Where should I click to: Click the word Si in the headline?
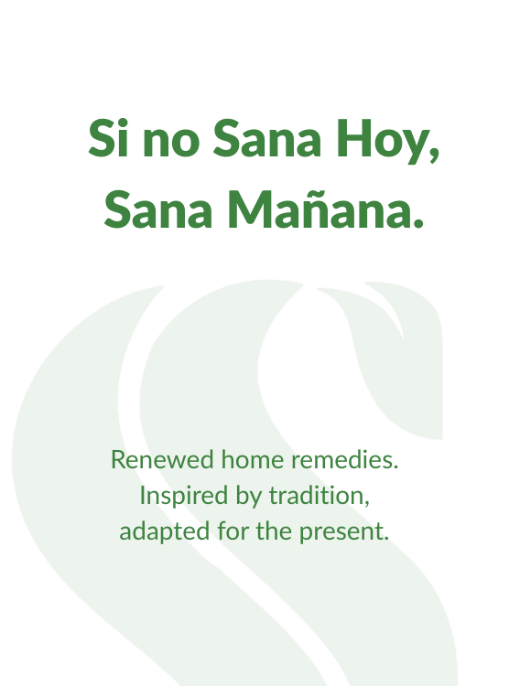109,138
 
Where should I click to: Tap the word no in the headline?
172,143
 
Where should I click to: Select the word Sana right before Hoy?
266,138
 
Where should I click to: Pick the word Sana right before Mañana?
158,209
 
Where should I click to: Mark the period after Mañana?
417,223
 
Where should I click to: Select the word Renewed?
162,460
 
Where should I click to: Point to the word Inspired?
183,497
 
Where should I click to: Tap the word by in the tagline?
248,497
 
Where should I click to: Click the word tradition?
316,496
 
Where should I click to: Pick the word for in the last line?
233,531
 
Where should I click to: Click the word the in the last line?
275,531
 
